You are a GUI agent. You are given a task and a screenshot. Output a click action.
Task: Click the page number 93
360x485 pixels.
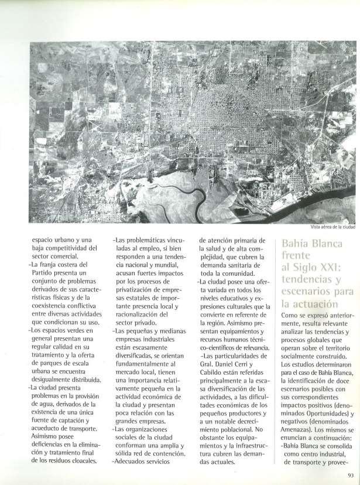coord(350,475)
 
